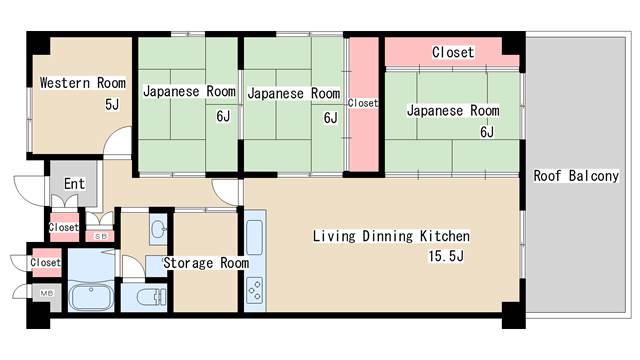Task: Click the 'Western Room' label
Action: coord(82,82)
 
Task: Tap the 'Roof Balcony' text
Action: coord(575,176)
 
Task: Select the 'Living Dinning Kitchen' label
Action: coord(391,236)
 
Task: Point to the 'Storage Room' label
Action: coord(206,263)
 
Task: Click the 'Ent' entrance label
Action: coord(74,184)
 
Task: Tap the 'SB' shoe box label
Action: coord(99,236)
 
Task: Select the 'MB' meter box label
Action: coord(46,293)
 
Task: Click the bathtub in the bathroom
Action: coord(93,297)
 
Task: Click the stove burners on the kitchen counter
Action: coord(254,290)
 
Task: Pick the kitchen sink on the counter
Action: coord(254,238)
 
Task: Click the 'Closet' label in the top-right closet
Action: coord(452,52)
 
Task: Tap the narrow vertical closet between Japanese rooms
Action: coord(363,103)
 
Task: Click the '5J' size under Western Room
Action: coord(113,103)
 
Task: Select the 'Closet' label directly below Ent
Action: coord(64,227)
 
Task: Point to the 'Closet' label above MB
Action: coord(45,263)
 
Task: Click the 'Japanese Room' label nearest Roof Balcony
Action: coord(453,110)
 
